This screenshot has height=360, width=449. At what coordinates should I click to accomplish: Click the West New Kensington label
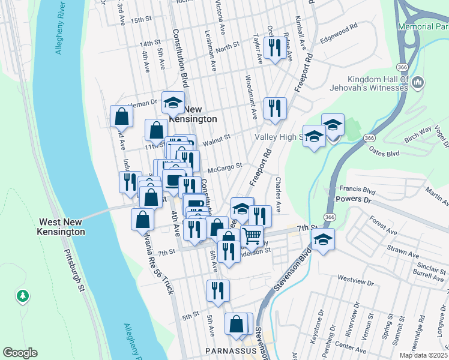pyautogui.click(x=61, y=226)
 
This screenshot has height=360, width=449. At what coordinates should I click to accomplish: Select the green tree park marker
pyautogui.click(x=22, y=295)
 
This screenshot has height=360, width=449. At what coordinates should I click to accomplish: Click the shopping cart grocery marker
pyautogui.click(x=252, y=236)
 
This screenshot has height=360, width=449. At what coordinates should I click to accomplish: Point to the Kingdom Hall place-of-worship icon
pyautogui.click(x=419, y=82)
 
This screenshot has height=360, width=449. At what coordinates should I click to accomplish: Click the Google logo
pyautogui.click(x=20, y=352)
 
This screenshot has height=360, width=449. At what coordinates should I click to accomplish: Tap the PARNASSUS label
pyautogui.click(x=231, y=350)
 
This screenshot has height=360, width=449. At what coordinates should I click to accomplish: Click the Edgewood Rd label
pyautogui.click(x=339, y=36)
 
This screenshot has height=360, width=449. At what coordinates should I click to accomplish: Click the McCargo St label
pyautogui.click(x=224, y=166)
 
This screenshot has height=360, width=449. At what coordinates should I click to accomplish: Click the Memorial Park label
pyautogui.click(x=423, y=27)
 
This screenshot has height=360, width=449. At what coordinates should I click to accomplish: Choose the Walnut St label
pyautogui.click(x=217, y=139)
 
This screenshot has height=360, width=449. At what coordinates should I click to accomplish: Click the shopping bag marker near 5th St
pyautogui.click(x=236, y=324)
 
